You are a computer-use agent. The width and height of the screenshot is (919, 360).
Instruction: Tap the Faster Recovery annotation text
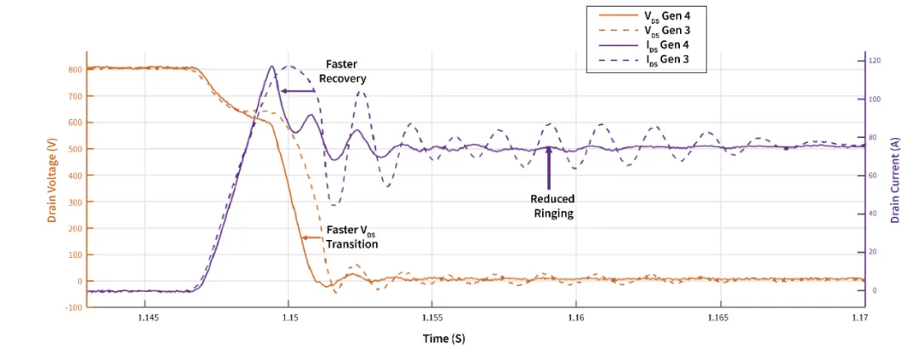click(x=342, y=71)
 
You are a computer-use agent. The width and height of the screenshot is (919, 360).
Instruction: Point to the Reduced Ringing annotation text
click(x=553, y=206)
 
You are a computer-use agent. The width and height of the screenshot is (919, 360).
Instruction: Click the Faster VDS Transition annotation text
click(x=351, y=237)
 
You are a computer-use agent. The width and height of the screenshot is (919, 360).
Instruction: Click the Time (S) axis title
click(x=443, y=339)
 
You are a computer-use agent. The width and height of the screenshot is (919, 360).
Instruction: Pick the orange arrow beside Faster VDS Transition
click(x=311, y=239)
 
